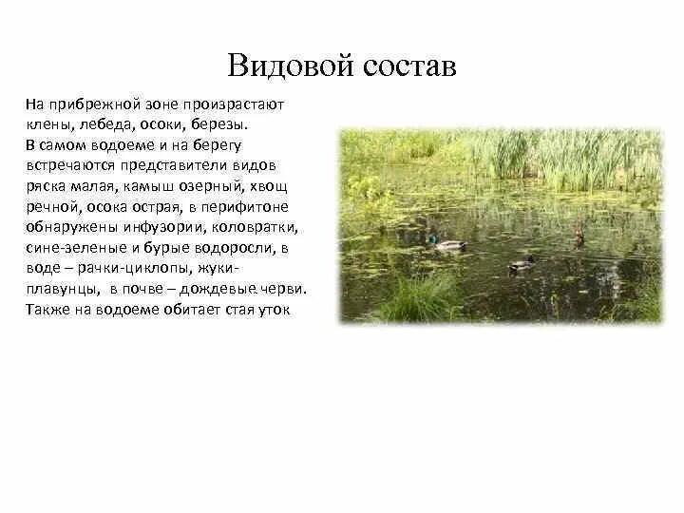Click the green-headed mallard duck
[443, 243]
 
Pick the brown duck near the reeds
[579, 237]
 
